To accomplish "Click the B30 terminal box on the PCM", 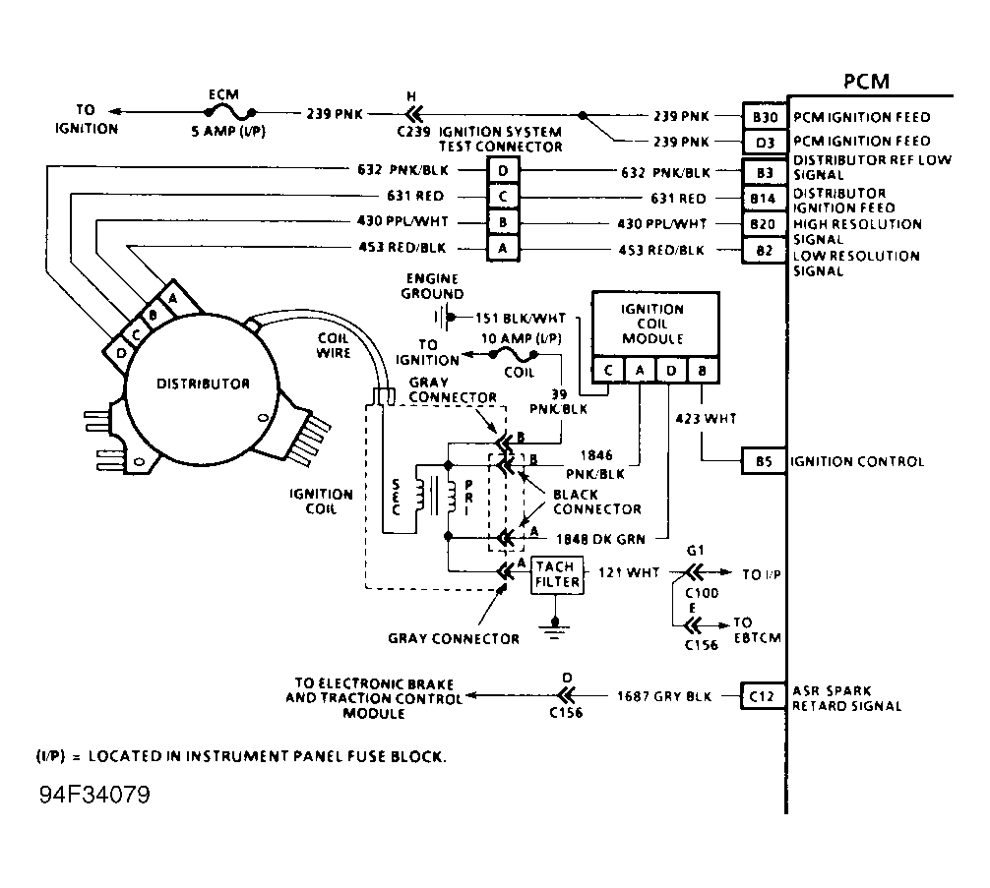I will point(764,117).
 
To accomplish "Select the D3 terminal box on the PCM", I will point(764,141).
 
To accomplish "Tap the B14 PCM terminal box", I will point(764,199).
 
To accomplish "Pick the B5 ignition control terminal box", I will point(764,461).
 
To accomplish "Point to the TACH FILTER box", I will point(557,575).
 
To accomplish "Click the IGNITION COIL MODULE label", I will point(651,324).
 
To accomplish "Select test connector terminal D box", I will point(503,172).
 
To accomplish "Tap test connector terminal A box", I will point(503,250).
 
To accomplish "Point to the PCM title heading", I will point(867,82).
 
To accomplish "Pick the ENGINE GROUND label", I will point(432,286).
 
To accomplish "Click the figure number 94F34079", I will point(94,794).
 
